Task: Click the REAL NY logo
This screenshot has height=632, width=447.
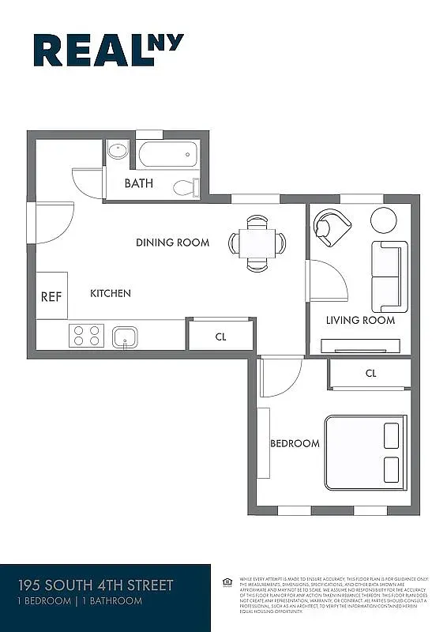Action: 108,50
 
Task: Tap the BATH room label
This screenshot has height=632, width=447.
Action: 139,184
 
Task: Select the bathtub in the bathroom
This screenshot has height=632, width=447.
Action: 167,154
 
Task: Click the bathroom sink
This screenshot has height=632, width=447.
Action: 118,150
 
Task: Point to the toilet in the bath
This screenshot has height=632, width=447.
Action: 185,187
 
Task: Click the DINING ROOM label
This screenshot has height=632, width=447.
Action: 172,243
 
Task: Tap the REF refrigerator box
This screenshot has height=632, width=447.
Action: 51,296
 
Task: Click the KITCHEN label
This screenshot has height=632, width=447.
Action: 111,294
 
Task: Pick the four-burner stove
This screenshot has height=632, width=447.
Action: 85,336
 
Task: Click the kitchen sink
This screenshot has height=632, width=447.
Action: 125,337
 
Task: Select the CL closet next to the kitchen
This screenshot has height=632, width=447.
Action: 221,336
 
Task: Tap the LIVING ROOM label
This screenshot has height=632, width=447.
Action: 360,320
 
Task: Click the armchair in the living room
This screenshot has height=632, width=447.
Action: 330,226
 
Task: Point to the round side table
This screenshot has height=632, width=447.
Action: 385,220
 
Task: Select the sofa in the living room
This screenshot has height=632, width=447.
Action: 389,276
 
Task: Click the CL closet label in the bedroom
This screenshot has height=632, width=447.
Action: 371,374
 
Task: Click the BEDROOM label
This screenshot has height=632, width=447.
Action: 295,443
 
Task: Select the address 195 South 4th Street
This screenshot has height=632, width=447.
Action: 96,586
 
